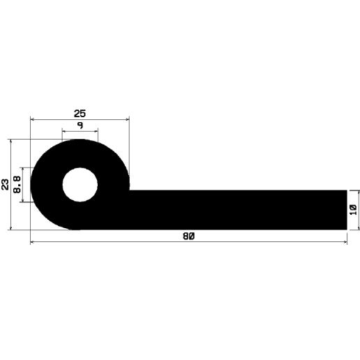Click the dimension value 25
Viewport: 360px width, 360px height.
click(80, 112)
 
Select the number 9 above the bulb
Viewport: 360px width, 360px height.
click(80, 125)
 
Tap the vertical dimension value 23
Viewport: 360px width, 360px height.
click(6, 184)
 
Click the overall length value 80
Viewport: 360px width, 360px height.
click(188, 237)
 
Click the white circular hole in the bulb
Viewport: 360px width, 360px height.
click(80, 185)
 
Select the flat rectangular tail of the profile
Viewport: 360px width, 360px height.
click(237, 209)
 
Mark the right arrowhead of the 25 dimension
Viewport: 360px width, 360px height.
click(128, 119)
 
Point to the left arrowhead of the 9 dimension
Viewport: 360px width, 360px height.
click(65, 131)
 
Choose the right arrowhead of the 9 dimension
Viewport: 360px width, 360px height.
click(96, 131)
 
